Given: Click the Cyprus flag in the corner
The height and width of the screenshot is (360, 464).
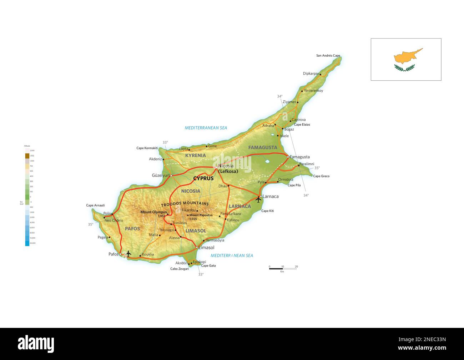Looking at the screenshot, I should (406, 59).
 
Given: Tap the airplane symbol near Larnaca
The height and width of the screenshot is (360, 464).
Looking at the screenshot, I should (258, 199).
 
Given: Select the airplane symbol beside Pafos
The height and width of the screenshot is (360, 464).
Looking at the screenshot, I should (128, 254).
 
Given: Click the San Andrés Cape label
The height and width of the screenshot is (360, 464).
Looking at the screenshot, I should (328, 56).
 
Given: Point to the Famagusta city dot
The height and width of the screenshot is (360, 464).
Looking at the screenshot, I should (288, 157).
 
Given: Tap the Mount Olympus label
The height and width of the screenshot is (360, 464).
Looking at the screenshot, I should (153, 212).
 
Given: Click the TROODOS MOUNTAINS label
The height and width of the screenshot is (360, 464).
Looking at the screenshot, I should (185, 204).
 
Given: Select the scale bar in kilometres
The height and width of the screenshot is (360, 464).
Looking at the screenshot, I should (283, 268).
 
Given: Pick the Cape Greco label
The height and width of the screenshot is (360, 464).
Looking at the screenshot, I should (321, 176).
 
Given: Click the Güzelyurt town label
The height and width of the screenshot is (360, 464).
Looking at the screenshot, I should (161, 176).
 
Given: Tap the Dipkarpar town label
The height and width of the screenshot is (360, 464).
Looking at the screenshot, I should (311, 73).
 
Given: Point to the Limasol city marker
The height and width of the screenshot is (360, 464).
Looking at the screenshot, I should (197, 247).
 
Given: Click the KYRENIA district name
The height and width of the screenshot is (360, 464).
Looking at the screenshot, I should (195, 156).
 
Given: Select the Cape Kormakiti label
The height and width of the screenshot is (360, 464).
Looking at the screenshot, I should (147, 148).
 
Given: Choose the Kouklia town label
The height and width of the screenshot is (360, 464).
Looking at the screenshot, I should (148, 254).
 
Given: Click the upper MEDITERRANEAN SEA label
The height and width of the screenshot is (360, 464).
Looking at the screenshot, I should (206, 128).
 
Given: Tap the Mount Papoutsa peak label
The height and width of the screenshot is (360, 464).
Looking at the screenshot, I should (201, 215).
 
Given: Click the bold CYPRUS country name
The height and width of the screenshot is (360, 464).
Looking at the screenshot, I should (203, 178).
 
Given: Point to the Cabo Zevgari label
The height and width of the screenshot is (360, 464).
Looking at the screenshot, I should (180, 269).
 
